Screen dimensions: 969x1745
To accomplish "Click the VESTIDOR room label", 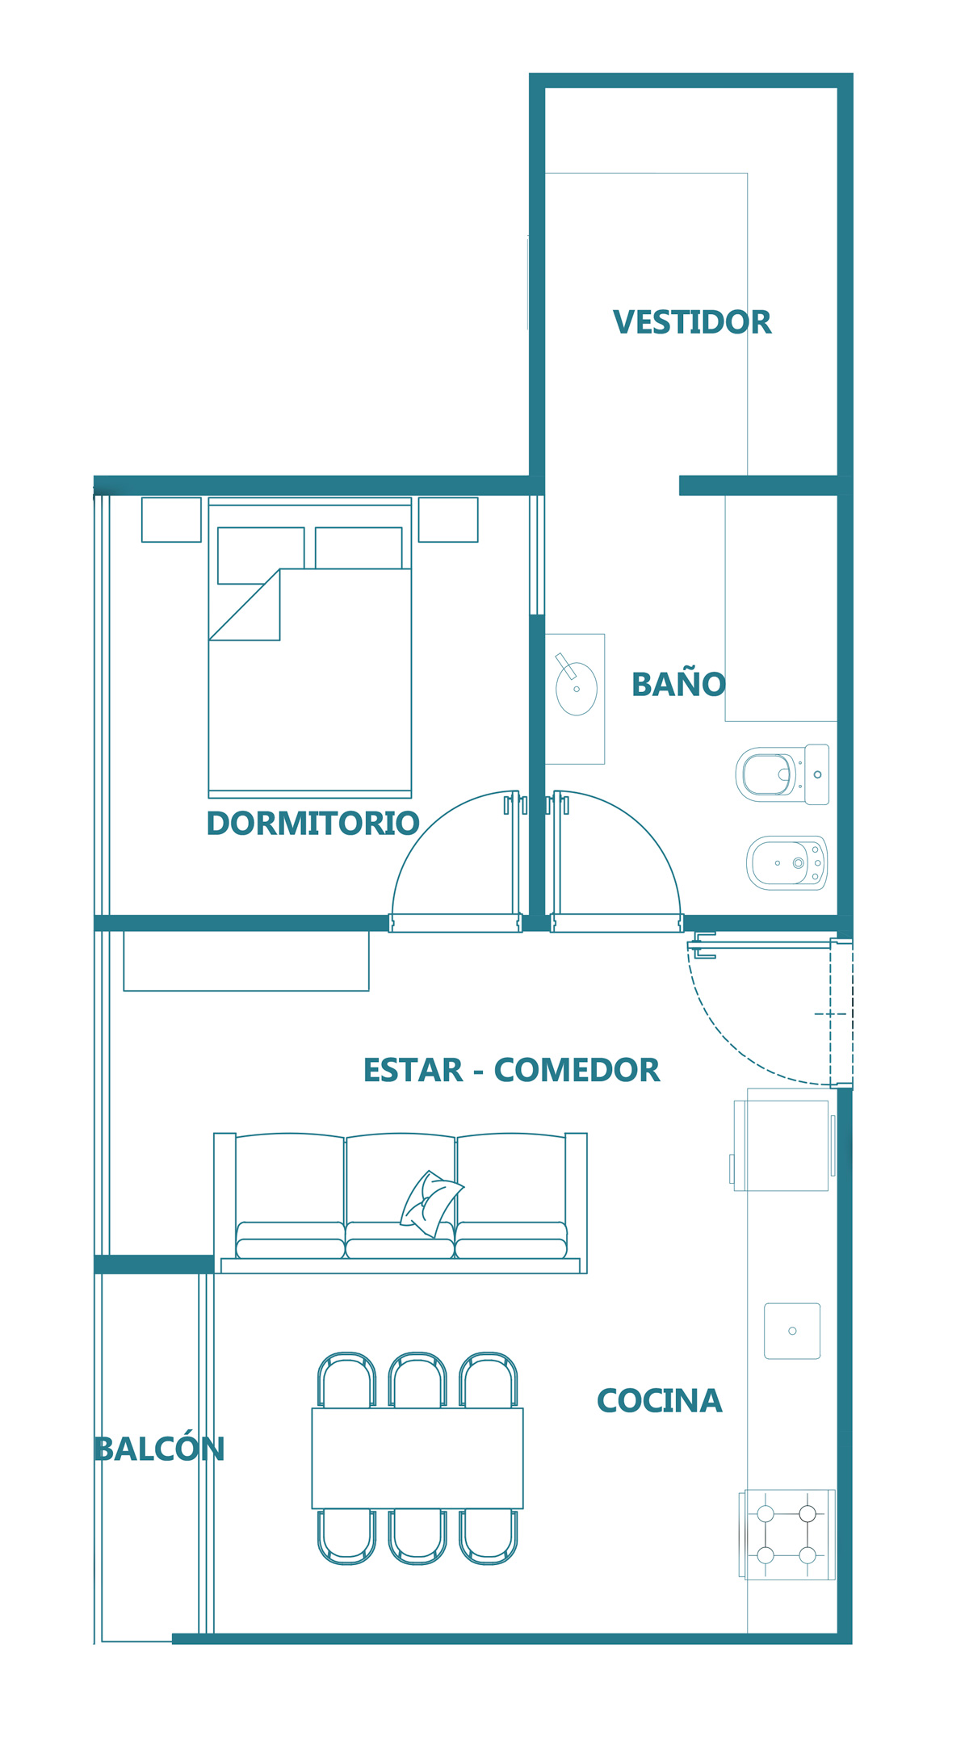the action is point(692,322).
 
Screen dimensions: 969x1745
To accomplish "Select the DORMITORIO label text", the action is point(313,824).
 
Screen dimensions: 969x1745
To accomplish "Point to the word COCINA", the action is point(659,1401).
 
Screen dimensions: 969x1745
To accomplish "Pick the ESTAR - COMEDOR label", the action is point(511,1070).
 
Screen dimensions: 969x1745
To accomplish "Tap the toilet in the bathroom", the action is point(782,774).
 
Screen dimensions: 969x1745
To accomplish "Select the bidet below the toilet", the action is point(787,862).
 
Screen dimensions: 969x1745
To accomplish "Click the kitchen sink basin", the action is point(792,1331).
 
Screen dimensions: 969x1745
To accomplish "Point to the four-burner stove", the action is point(787,1534).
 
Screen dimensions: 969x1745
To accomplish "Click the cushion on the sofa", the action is point(431,1203).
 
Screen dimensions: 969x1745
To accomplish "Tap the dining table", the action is point(417,1458).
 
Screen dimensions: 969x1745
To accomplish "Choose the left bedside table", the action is point(171,519).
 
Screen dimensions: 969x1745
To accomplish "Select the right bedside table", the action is point(448,519).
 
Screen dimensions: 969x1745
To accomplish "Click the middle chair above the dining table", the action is point(417,1380).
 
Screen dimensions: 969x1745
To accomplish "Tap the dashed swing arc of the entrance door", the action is point(727,1042).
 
